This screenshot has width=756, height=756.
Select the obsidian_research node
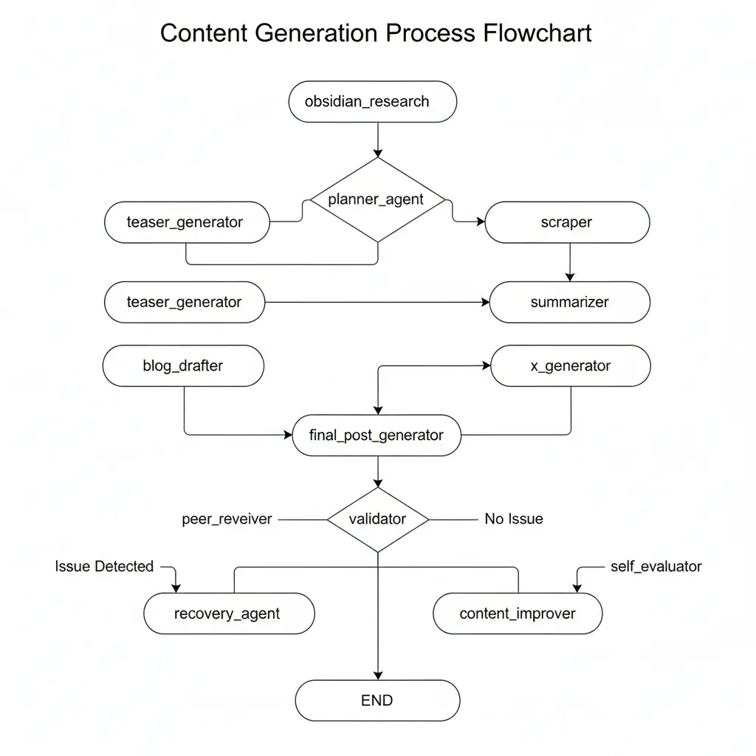coord(371,102)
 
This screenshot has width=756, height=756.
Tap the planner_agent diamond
coord(377,199)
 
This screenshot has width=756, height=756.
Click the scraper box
coord(566,222)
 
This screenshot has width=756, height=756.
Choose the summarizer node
coord(569,302)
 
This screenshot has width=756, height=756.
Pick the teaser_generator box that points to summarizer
coord(185,302)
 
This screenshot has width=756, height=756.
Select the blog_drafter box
coord(183,365)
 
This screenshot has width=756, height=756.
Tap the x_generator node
coord(571,365)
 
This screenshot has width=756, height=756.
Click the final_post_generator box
coord(377,435)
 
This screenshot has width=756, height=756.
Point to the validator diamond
coord(377,519)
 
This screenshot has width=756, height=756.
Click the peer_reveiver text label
coord(227,519)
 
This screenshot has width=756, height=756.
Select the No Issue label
coord(513,519)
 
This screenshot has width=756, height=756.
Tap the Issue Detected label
coord(104,566)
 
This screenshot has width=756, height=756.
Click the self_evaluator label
coord(656,566)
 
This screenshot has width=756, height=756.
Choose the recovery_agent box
coord(228,614)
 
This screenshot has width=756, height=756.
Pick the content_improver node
coord(518,614)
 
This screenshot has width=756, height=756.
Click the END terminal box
coord(377,701)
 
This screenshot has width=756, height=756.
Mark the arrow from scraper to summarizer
coord(569,262)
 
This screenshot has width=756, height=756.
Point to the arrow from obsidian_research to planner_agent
coord(377,140)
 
